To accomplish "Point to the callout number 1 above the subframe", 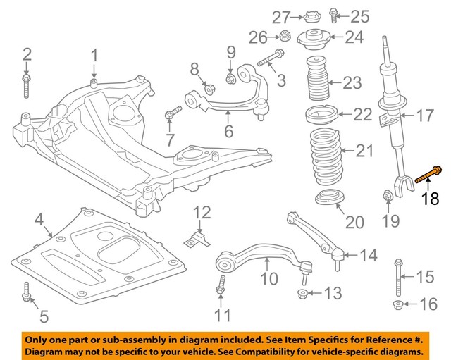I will tap(94, 55).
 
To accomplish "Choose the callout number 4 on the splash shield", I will tap(39, 218).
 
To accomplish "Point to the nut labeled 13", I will tap(302, 293).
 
